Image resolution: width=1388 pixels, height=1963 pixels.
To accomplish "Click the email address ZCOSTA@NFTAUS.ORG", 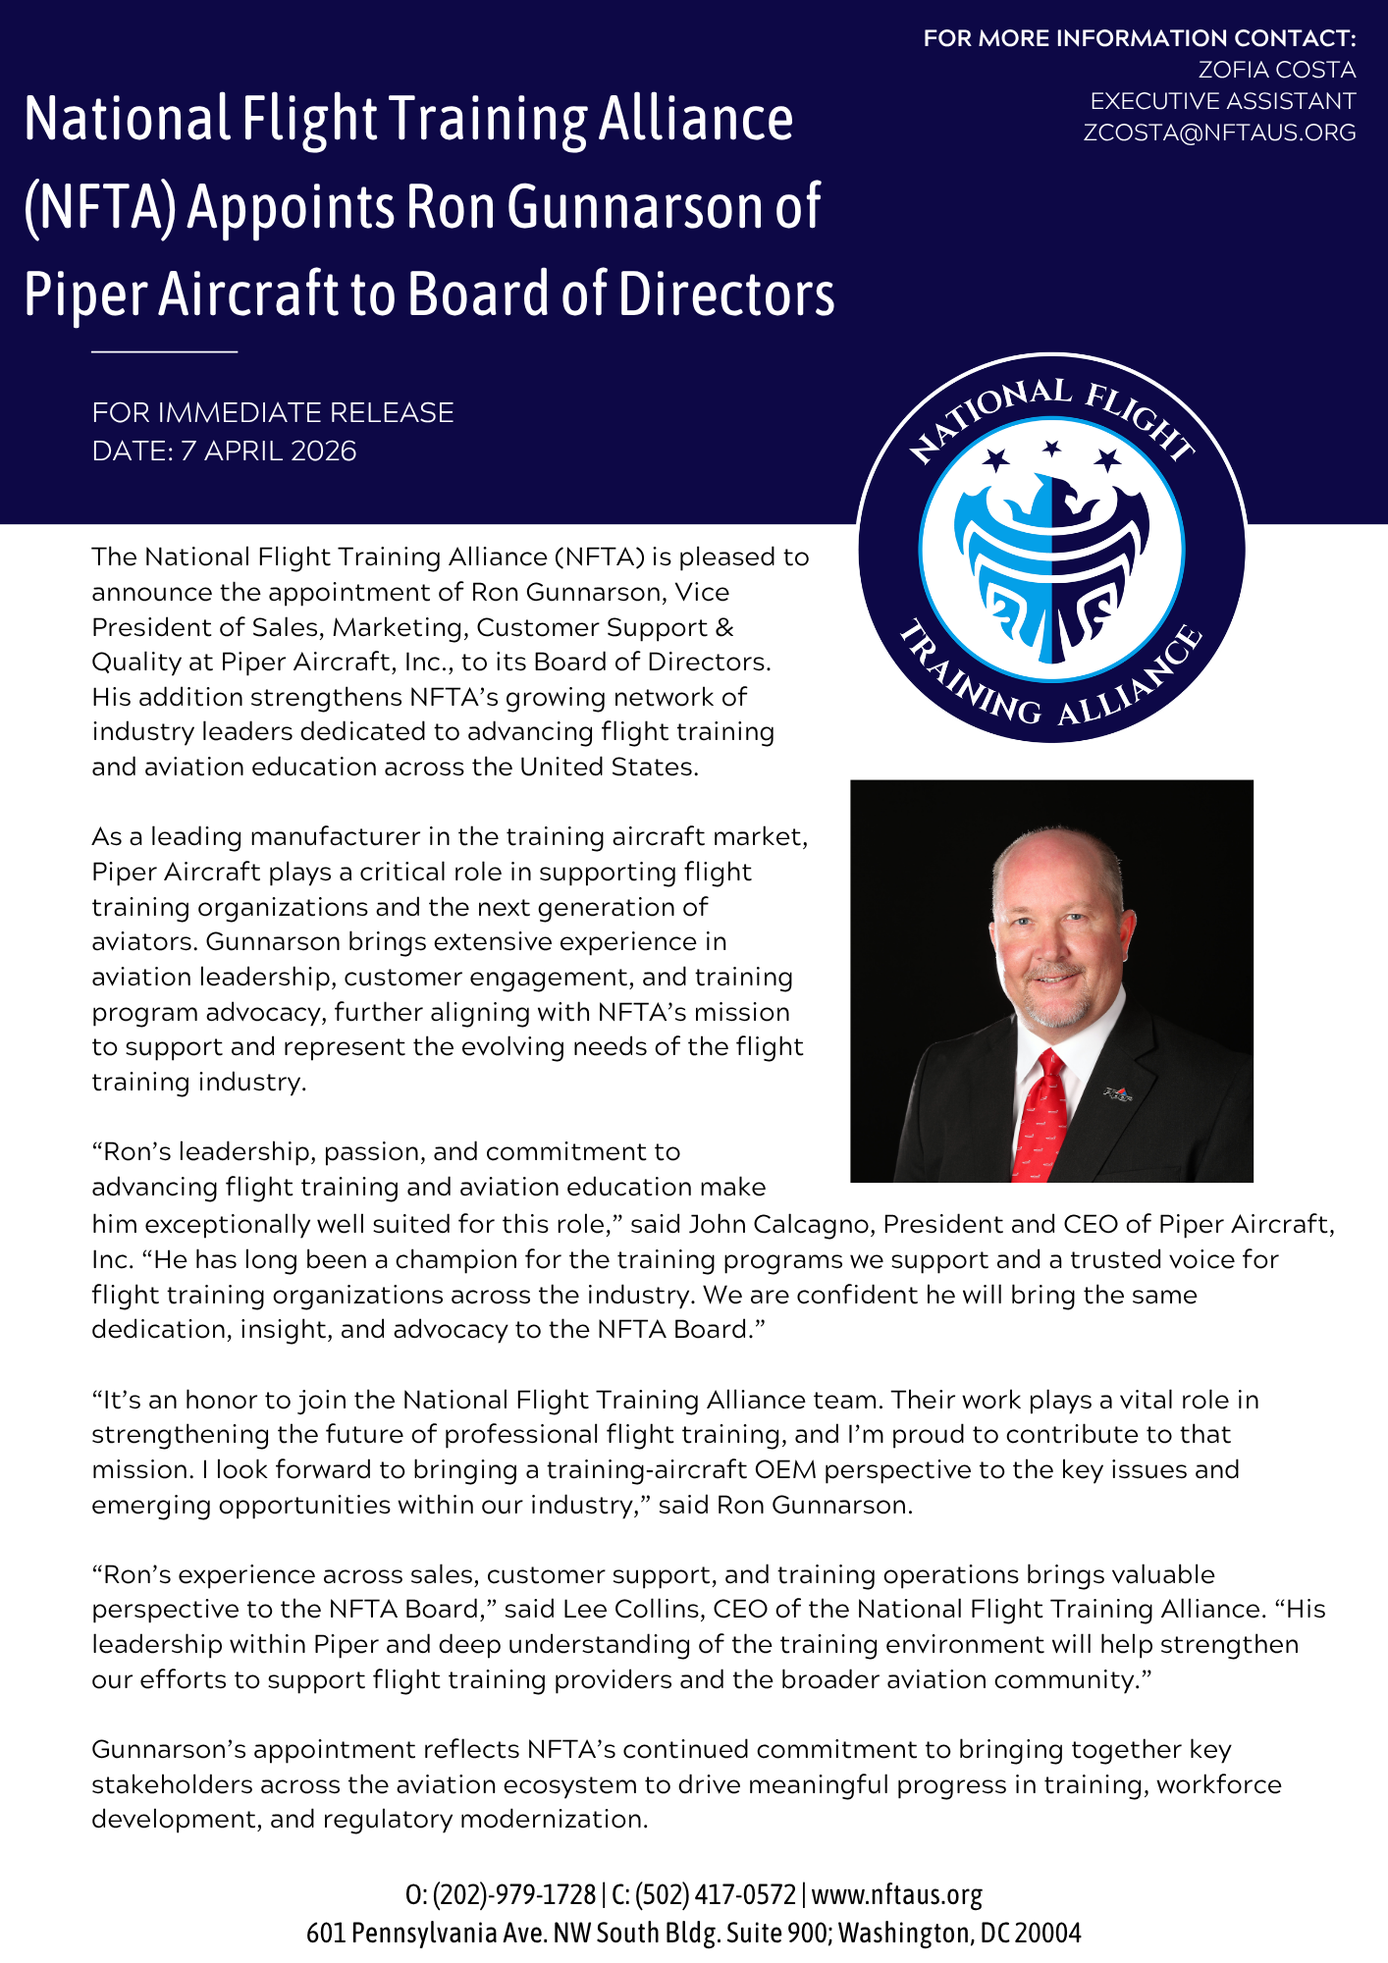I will (x=1219, y=133).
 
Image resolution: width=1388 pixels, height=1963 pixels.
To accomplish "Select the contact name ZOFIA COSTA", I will (x=1276, y=70).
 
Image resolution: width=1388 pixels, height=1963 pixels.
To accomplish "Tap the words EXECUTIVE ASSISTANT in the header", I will (x=1222, y=101).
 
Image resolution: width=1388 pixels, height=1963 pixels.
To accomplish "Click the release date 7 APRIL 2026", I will (x=268, y=451).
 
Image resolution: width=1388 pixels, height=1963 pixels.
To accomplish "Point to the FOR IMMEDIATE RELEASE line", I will (x=273, y=412).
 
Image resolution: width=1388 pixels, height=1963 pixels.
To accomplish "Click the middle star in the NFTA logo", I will (x=1052, y=449).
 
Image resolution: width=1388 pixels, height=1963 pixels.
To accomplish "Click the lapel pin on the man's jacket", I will (x=1117, y=1092).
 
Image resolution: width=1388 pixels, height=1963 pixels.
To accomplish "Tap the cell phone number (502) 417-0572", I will (x=716, y=1894).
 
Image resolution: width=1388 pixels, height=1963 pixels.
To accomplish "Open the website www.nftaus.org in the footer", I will (x=896, y=1894).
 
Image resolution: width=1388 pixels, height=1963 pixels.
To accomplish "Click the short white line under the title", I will (x=165, y=350).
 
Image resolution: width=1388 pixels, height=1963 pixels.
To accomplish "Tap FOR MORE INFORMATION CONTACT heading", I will (x=1140, y=38).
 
